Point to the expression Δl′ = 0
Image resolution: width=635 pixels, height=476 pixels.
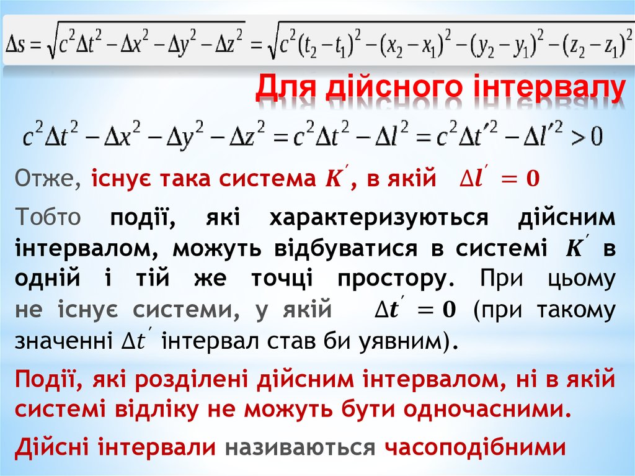[499, 179]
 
